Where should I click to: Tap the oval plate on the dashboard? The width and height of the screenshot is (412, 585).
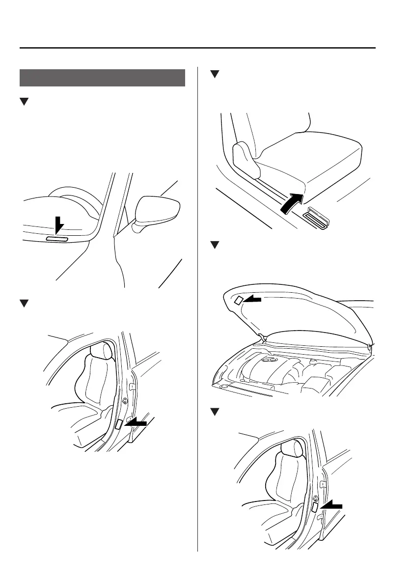pyautogui.click(x=58, y=239)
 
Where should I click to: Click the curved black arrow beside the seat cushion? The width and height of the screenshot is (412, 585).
pyautogui.click(x=291, y=203)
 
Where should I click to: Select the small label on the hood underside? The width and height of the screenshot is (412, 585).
pyautogui.click(x=238, y=300)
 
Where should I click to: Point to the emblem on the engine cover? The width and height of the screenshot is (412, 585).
pyautogui.click(x=269, y=360)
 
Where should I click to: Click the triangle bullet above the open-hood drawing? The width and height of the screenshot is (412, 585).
pyautogui.click(x=214, y=245)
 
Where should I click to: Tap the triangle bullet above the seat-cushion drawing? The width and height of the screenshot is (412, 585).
pyautogui.click(x=214, y=74)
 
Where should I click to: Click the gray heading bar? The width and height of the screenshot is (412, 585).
pyautogui.click(x=103, y=78)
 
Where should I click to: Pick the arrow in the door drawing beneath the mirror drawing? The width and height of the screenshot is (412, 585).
pyautogui.click(x=136, y=422)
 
